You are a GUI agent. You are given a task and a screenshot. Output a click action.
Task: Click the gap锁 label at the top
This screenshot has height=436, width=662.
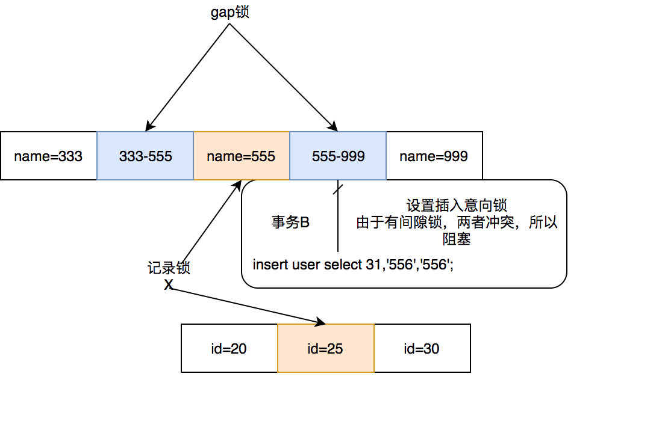click(230, 13)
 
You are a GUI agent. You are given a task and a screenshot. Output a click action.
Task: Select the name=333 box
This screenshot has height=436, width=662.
click(48, 156)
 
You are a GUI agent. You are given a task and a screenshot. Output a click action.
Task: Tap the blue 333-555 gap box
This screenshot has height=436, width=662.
click(145, 156)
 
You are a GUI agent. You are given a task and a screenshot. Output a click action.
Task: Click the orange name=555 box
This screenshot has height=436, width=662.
click(241, 156)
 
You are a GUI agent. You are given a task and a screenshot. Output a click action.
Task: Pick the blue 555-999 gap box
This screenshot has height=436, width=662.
click(338, 156)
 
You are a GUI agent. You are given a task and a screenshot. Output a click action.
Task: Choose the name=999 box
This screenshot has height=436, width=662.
click(434, 156)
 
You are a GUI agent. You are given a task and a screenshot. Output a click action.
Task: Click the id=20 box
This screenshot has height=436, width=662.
click(229, 349)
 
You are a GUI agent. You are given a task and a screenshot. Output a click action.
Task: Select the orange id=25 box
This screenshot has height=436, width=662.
click(325, 349)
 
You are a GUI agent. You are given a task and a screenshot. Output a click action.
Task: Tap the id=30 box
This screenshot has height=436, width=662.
click(422, 349)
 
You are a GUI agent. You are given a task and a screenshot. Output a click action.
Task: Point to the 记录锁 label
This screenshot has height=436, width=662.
click(169, 268)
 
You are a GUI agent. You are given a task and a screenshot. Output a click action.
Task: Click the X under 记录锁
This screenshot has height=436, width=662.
click(169, 284)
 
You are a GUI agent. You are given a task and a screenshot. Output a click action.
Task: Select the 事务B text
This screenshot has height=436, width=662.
click(290, 223)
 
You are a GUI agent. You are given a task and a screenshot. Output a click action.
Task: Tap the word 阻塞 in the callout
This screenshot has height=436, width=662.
click(457, 239)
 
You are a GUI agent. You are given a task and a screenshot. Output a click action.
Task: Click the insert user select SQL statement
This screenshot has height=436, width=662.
click(352, 265)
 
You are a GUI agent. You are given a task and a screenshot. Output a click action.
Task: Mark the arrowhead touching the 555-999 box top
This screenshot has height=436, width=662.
click(333, 126)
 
